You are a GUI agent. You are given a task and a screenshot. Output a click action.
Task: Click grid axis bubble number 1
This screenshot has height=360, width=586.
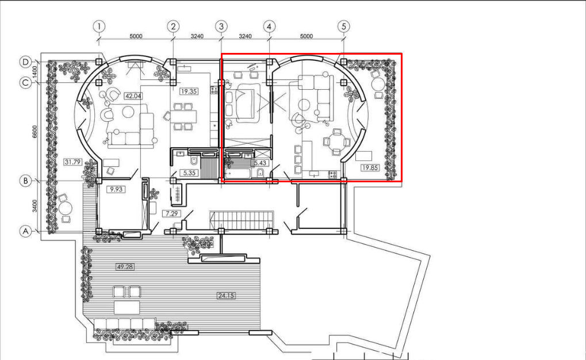tap(99, 26)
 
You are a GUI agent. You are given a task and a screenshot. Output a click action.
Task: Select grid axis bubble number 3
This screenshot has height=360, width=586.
tap(221, 26)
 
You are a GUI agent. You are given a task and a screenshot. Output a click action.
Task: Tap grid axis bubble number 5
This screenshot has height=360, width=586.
tap(343, 26)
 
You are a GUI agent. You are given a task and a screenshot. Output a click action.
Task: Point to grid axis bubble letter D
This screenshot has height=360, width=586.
tap(25, 62)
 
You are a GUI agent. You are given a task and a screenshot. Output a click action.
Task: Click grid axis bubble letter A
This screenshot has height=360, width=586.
tap(25, 231)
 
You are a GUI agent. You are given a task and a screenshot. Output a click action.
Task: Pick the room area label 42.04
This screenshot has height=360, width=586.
tap(133, 96)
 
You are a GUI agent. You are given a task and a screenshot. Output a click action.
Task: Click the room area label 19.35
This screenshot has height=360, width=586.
tap(189, 91)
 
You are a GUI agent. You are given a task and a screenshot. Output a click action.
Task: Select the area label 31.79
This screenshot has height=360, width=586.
tap(73, 162)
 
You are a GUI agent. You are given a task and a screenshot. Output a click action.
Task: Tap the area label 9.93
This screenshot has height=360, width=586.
tap(116, 189)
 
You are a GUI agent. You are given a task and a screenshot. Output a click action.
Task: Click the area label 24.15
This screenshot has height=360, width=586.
tap(226, 296)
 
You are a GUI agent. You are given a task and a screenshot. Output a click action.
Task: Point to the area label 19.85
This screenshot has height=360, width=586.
tap(370, 167)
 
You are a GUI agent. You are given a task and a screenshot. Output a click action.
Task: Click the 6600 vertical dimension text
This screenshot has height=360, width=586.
tap(35, 132)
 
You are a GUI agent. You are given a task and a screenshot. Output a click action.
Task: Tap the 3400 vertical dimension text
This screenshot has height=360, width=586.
tap(35, 206)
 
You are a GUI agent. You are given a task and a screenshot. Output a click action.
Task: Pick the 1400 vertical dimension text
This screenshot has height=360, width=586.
tap(35, 72)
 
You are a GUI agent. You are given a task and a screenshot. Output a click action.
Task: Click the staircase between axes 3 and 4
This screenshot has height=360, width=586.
tap(242, 221)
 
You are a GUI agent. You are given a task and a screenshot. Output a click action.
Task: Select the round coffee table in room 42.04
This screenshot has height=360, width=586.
tap(128, 112)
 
